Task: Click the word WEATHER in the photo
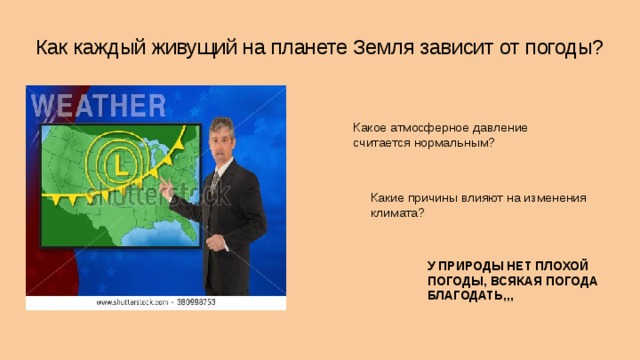(99, 105)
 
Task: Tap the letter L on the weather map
(118, 161)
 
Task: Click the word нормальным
(451, 143)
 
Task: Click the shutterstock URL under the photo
(155, 301)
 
